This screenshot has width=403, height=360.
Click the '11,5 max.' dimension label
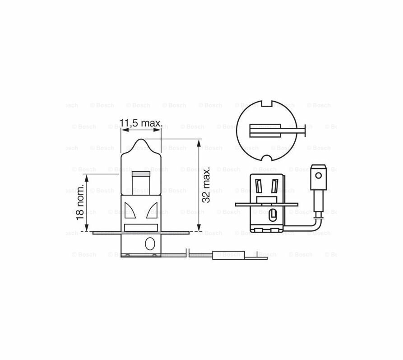tap(141, 123)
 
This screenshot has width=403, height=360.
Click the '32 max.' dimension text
tap(206, 184)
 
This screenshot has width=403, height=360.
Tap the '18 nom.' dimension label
tap(80, 202)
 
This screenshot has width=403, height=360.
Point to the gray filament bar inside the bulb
tap(141, 174)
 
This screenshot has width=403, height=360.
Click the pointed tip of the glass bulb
tap(141, 139)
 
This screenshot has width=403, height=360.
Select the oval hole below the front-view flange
tap(150, 243)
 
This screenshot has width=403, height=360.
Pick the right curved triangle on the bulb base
tap(152, 210)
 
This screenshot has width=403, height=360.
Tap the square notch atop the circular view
tap(266, 103)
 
